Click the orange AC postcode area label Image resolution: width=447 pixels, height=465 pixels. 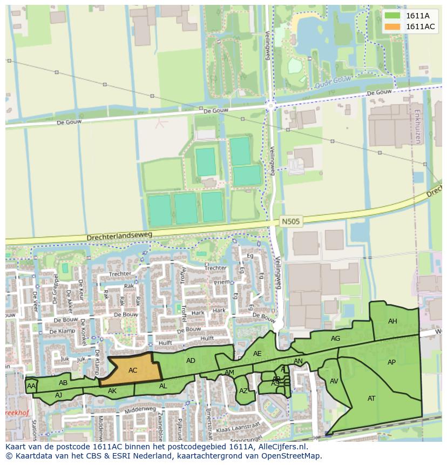[x=133, y=370]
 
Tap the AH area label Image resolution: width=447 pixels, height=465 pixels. [x=392, y=321]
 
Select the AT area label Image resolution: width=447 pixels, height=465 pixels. [x=371, y=399]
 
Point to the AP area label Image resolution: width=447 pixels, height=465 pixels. [x=392, y=362]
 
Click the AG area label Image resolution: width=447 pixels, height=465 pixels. [x=335, y=339]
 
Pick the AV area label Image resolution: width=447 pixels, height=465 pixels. [x=334, y=381]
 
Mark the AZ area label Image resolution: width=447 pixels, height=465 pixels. [x=243, y=391]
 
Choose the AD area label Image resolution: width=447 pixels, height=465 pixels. [x=191, y=361]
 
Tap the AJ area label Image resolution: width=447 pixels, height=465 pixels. [x=59, y=395]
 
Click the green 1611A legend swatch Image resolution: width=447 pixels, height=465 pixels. [x=392, y=16]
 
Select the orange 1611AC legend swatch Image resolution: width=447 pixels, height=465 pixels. [x=392, y=26]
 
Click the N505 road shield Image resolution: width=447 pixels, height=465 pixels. [x=290, y=221]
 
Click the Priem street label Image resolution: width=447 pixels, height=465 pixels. [x=221, y=282]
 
